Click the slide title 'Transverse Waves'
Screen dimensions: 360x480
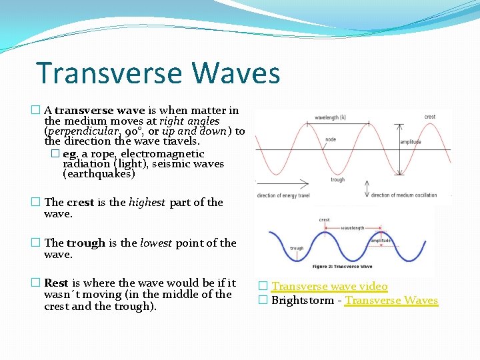click(x=158, y=73)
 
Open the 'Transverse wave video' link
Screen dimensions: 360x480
click(x=329, y=287)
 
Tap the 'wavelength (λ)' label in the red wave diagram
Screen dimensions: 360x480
click(x=330, y=117)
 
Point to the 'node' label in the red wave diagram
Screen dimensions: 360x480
click(x=331, y=140)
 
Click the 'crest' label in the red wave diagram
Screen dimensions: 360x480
click(x=430, y=117)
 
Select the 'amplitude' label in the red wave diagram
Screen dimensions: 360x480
click(x=411, y=142)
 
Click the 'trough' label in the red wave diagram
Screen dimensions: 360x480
click(x=337, y=179)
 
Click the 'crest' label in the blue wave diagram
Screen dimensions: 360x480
click(x=325, y=219)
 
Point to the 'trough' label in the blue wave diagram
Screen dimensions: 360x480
click(x=297, y=248)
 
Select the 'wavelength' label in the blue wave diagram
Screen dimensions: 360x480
click(x=353, y=228)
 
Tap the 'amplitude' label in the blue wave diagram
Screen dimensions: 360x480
click(x=381, y=241)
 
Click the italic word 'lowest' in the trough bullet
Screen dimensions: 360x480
click(x=156, y=243)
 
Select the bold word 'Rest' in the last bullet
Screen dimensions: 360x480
click(x=56, y=283)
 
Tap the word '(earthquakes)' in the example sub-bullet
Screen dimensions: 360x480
click(x=99, y=174)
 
